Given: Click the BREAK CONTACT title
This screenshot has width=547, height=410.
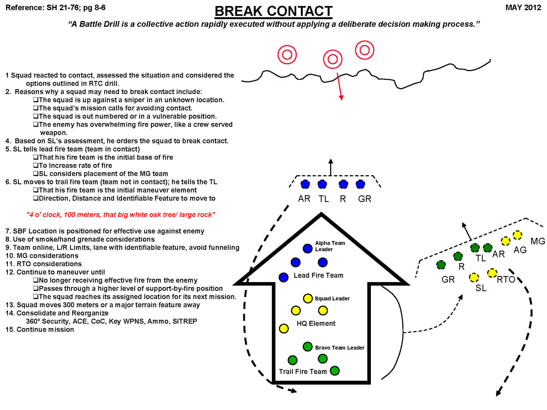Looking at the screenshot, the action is coord(273,11).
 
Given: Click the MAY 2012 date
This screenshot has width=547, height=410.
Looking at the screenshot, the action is coord(523,8).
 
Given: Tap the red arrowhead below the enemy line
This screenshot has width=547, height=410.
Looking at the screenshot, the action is coord(341,97).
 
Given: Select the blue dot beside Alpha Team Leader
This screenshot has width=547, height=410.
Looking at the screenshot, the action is coord(307,248).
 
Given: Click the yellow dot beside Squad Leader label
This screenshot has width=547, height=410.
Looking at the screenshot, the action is coord(308,298).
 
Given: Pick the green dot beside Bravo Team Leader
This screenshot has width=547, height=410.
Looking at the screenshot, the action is coord(307,346).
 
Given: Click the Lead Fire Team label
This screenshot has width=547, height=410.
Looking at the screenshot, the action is coord(318,275).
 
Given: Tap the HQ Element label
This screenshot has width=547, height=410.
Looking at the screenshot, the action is coord(316,323).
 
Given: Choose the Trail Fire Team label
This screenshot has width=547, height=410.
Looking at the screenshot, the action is coord(303,371).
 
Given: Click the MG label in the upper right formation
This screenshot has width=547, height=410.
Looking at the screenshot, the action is coord(538,241).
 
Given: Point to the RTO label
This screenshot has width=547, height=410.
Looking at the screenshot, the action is coord(506,280).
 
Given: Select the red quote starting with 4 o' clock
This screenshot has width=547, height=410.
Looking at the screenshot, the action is coord(121,214).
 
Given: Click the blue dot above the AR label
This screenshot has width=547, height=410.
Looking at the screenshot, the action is coord(305,184).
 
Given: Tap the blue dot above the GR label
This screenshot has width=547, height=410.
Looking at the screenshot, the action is coord(360,184).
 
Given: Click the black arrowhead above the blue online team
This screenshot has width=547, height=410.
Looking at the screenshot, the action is coord(331,161).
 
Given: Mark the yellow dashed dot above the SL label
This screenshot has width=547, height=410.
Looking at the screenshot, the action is coord(474,278).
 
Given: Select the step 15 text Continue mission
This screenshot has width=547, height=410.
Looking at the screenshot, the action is coord(45,329).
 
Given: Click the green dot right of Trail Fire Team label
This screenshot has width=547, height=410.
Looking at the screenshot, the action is coord(335,371).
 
